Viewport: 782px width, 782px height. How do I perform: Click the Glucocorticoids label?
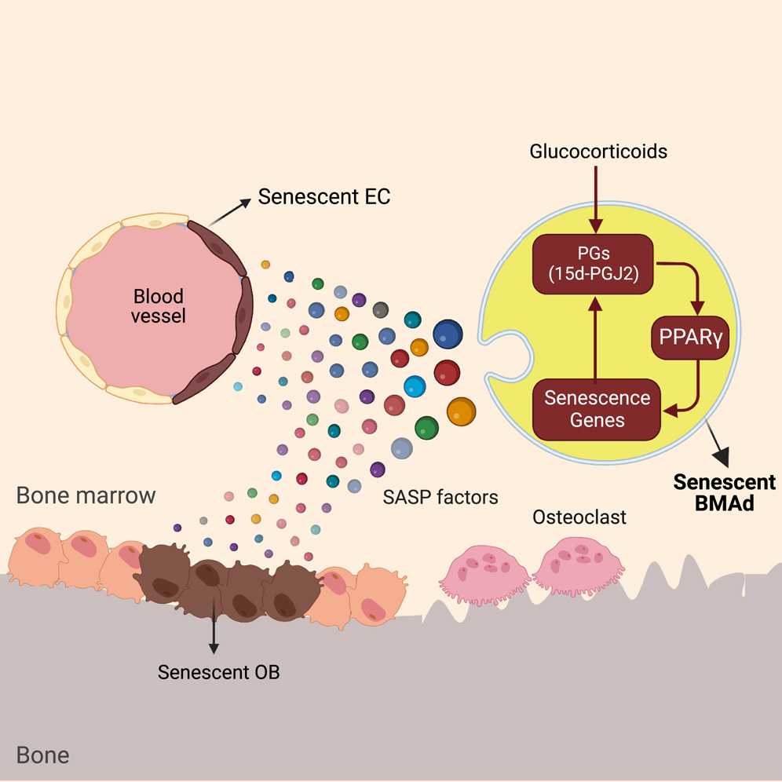(x=597, y=151)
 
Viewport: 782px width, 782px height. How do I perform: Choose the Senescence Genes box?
(x=597, y=408)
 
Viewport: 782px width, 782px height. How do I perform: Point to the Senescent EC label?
(x=324, y=196)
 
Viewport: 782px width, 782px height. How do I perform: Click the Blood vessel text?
(x=158, y=307)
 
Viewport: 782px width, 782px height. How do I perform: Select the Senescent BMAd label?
(x=725, y=492)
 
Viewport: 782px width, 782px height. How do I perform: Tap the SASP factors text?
(x=440, y=497)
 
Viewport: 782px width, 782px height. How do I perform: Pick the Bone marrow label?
(x=86, y=496)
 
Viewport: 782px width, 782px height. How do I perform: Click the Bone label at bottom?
(x=42, y=755)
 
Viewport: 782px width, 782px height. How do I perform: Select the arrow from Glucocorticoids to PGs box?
(x=597, y=196)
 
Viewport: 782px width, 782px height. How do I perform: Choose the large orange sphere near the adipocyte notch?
(x=461, y=411)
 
